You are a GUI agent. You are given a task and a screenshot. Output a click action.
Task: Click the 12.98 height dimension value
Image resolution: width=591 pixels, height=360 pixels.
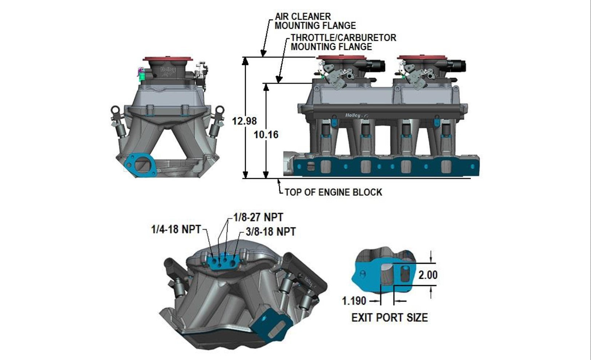pyautogui.click(x=245, y=121)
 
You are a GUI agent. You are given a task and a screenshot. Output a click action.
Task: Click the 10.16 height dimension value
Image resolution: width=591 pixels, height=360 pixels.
pyautogui.click(x=266, y=135)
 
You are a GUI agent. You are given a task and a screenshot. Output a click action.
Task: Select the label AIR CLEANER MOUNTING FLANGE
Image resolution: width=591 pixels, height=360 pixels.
pyautogui.click(x=315, y=21)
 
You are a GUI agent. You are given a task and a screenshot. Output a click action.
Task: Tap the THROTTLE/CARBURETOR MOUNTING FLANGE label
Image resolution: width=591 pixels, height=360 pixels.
pyautogui.click(x=343, y=42)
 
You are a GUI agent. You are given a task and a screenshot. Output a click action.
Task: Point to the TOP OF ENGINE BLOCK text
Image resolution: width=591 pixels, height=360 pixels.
pyautogui.click(x=333, y=192)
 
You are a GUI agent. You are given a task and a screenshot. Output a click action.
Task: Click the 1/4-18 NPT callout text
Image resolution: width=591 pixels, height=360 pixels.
pyautogui.click(x=176, y=229)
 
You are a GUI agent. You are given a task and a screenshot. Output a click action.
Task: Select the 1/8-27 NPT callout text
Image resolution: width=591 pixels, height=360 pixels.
pyautogui.click(x=258, y=218)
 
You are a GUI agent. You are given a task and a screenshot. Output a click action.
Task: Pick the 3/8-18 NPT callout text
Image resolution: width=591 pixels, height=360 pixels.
pyautogui.click(x=270, y=232)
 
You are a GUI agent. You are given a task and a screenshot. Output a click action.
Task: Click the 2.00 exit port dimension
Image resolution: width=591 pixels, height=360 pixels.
pyautogui.click(x=428, y=275)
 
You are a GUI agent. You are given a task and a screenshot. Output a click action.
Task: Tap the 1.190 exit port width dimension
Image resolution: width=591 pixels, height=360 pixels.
pyautogui.click(x=354, y=301)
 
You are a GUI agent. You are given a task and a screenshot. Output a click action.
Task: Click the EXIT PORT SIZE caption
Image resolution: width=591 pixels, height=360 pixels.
pyautogui.click(x=389, y=318)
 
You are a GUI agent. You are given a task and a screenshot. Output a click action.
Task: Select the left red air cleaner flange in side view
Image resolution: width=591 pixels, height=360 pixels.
pyautogui.click(x=341, y=58)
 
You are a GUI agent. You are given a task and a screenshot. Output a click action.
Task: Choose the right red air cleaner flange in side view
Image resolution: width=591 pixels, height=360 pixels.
pyautogui.click(x=422, y=58)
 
